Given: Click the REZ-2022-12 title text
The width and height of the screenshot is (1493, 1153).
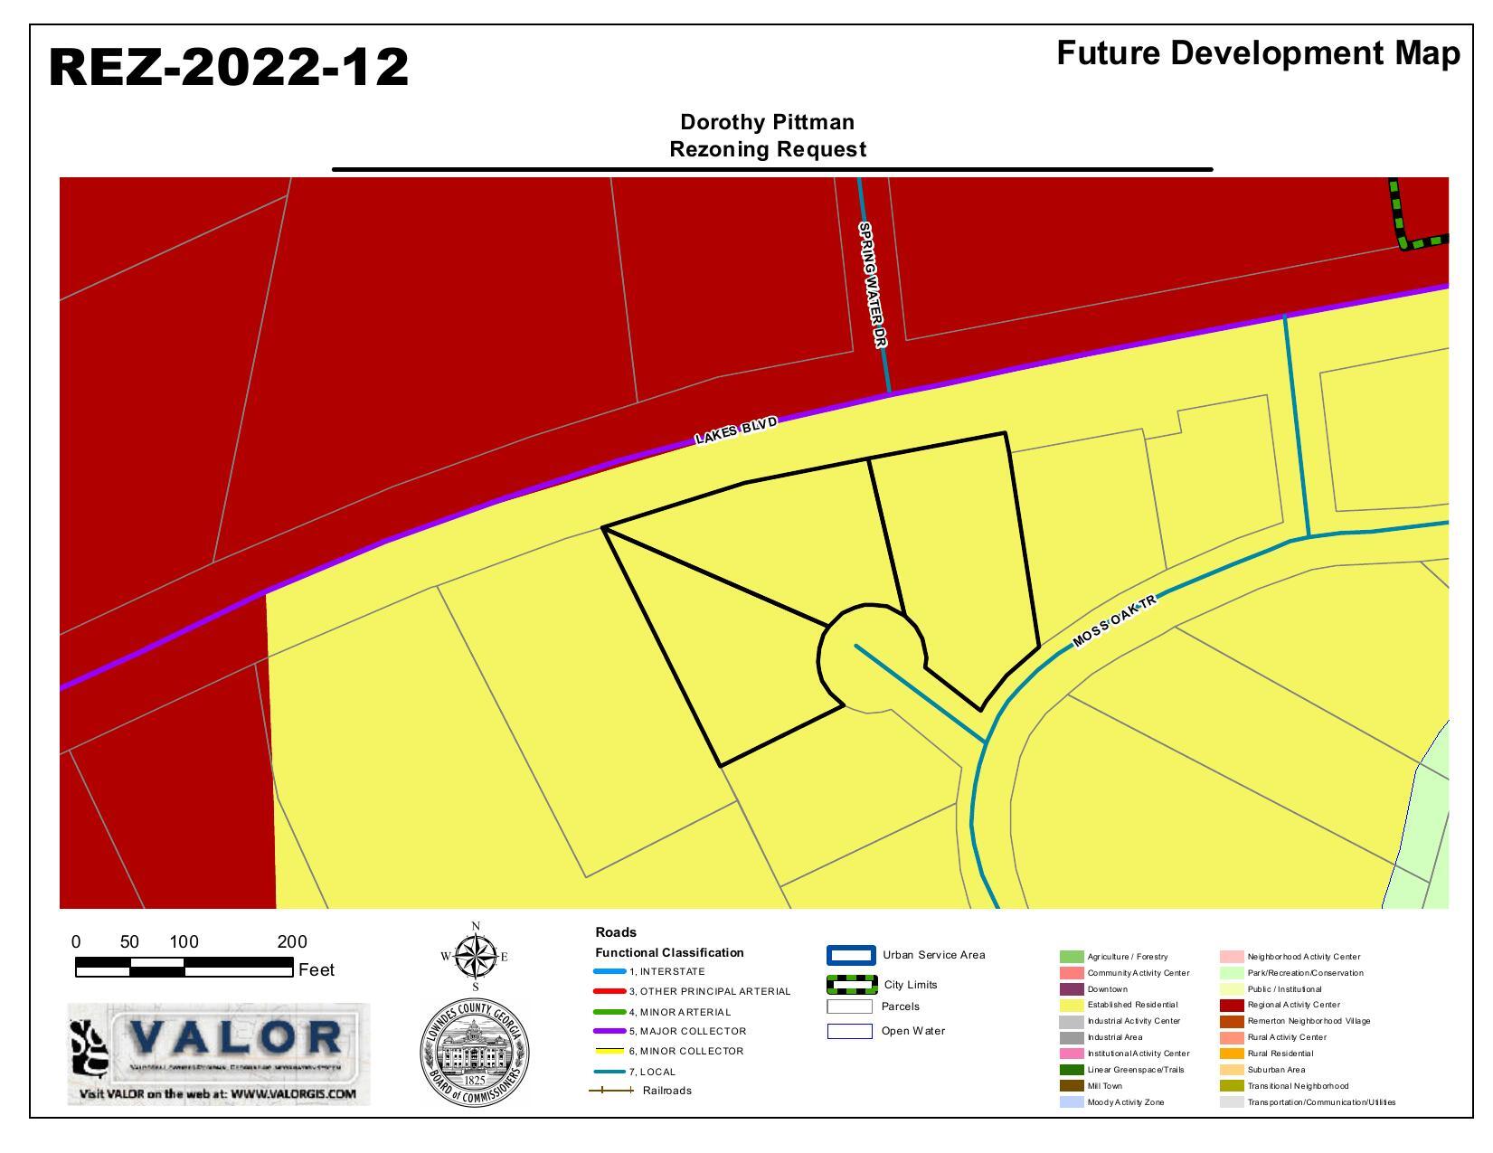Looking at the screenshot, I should click(228, 68).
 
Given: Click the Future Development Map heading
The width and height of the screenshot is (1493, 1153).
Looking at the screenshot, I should click(1257, 53).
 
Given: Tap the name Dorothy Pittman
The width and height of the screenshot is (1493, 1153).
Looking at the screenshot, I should click(767, 122).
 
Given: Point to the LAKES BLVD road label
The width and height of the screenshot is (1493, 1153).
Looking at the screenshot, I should click(736, 430).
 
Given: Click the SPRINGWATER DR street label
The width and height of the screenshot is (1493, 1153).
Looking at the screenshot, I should click(873, 284).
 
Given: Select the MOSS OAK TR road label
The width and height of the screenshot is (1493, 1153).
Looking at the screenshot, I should click(1114, 622).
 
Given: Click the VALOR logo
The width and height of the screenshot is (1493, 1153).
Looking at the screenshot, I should click(219, 1054).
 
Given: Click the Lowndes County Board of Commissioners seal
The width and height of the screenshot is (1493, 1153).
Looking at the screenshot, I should click(475, 1054).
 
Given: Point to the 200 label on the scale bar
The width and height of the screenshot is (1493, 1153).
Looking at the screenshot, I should click(292, 941).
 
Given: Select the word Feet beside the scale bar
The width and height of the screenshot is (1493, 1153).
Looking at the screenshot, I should click(317, 970).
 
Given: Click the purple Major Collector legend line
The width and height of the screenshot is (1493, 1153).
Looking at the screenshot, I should click(609, 1031).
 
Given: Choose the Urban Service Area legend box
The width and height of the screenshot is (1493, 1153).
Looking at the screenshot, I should click(851, 955).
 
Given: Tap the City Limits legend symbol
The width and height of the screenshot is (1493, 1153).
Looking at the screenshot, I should click(851, 984).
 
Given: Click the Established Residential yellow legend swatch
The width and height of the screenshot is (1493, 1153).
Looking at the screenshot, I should click(1071, 1005).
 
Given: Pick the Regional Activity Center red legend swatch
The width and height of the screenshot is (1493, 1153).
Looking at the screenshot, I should click(1231, 1005).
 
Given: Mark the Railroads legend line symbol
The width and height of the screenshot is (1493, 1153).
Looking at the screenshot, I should click(611, 1091).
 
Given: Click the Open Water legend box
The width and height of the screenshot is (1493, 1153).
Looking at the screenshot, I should click(849, 1031).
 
